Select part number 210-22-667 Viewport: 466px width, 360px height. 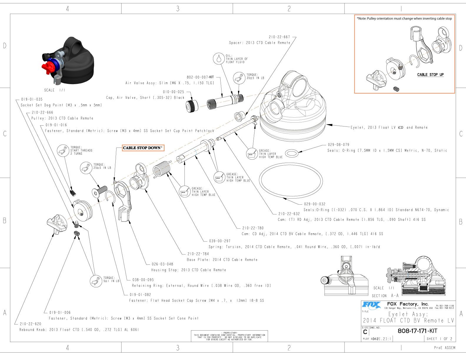279,37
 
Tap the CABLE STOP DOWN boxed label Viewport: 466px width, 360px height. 143,148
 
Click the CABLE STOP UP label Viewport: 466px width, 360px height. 430,75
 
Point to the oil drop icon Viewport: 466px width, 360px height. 218,59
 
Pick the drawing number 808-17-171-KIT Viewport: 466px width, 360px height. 417,331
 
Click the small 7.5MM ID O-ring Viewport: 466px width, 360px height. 292,153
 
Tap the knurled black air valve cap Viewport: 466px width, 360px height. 192,105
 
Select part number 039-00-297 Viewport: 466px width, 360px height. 220,241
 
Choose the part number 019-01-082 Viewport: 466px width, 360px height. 140,294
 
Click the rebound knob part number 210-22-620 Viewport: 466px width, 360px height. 31,324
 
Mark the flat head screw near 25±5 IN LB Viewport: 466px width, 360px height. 101,190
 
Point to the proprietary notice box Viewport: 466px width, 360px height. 229,336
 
